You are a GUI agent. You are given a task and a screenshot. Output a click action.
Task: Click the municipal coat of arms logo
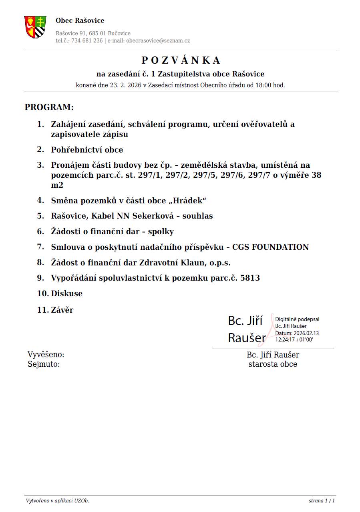(x=35, y=27)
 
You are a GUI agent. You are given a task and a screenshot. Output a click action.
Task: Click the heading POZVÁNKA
(x=181, y=60)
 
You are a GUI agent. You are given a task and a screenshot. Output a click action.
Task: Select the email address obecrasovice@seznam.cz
(x=158, y=40)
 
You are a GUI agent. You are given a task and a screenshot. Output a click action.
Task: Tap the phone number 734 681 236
(x=87, y=40)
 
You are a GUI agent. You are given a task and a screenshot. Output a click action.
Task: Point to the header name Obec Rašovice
(x=80, y=20)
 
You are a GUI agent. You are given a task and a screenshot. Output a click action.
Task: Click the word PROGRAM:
(x=49, y=107)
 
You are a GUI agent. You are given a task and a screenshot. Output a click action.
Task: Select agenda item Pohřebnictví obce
(x=87, y=150)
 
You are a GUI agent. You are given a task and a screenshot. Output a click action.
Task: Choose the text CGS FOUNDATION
(x=270, y=247)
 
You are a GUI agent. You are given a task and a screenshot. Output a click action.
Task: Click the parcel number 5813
(x=250, y=277)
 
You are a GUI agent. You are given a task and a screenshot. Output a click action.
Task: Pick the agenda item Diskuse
(x=66, y=293)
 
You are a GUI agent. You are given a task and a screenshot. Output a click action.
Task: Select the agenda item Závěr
(x=62, y=309)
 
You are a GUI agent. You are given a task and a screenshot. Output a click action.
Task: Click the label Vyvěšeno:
(x=46, y=355)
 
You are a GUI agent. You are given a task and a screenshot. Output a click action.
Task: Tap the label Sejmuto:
(x=44, y=364)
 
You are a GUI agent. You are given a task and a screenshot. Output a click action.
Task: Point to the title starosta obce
(x=273, y=364)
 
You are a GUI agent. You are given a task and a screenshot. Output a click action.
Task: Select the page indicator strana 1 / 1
(x=322, y=500)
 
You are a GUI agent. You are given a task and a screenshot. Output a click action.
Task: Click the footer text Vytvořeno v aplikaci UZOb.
(x=58, y=500)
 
